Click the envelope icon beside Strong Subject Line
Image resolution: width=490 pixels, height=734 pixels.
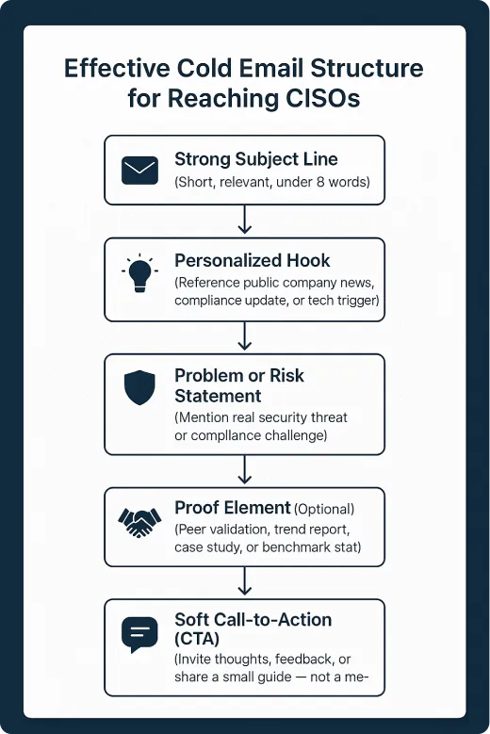pyautogui.click(x=139, y=170)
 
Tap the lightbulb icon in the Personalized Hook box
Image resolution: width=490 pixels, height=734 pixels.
pyautogui.click(x=139, y=273)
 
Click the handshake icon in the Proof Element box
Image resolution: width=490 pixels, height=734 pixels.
pyautogui.click(x=139, y=522)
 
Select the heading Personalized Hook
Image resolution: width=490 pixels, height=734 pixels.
pyautogui.click(x=253, y=261)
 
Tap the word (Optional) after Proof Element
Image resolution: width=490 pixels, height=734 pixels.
pyautogui.click(x=326, y=510)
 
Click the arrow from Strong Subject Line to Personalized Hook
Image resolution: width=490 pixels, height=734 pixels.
pyautogui.click(x=245, y=220)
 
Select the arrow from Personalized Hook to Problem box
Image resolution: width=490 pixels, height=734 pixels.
pyautogui.click(x=245, y=336)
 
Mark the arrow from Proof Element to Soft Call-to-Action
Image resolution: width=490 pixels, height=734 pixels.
pyautogui.click(x=245, y=582)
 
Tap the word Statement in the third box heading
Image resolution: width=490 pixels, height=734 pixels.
pyautogui.click(x=218, y=396)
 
